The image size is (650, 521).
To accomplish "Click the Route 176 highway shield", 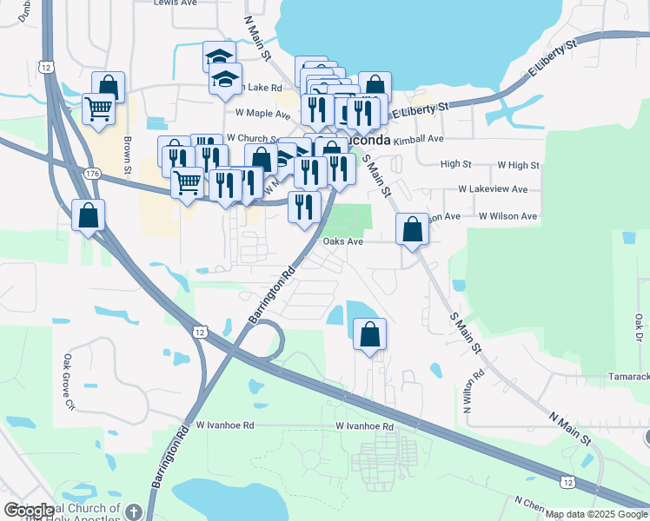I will pyautogui.click(x=91, y=175).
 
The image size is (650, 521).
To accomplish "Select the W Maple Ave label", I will pyautogui.click(x=262, y=114).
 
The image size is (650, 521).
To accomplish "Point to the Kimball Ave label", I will pyautogui.click(x=418, y=139).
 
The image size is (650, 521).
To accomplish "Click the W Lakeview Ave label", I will pyautogui.click(x=493, y=189).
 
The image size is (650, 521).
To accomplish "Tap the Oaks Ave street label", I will pyautogui.click(x=342, y=242).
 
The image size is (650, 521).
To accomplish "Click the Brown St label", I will pyautogui.click(x=127, y=156).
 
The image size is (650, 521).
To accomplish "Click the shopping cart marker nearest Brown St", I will pyautogui.click(x=99, y=109).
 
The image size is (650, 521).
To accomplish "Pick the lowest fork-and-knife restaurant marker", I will pyautogui.click(x=304, y=207).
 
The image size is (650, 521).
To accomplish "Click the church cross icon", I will pyautogui.click(x=133, y=511).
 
